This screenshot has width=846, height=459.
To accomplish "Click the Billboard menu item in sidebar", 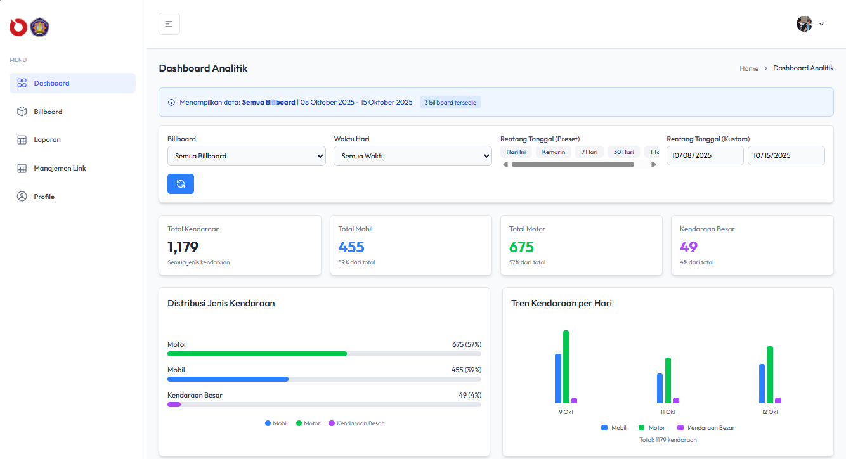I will click(48, 112).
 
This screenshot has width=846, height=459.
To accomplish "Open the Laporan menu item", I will click(47, 139).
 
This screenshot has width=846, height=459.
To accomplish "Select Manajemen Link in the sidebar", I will click(60, 168).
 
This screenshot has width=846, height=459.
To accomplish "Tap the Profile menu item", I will click(44, 197).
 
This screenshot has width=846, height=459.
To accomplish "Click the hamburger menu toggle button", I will click(169, 23).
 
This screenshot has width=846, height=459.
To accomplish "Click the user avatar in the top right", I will click(804, 23).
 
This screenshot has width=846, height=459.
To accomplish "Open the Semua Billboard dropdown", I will click(246, 156).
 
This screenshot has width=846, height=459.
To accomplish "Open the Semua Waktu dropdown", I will click(412, 156).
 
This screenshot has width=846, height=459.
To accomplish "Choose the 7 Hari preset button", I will click(590, 152).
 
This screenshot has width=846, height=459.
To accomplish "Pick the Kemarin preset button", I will click(553, 152).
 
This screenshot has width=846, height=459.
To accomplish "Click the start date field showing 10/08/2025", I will click(705, 155).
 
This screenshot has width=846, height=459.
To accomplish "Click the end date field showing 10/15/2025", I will click(786, 155).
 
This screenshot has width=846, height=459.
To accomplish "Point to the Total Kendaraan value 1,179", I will click(183, 247).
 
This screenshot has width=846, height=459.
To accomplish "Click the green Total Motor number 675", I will click(521, 247).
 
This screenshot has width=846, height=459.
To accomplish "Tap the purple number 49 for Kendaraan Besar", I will click(688, 247).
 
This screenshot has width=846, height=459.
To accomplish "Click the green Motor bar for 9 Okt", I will click(566, 366).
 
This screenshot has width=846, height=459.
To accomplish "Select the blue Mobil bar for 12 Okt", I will click(762, 383).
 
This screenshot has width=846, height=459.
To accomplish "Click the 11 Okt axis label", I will click(668, 412).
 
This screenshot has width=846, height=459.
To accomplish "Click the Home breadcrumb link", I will click(748, 68).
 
